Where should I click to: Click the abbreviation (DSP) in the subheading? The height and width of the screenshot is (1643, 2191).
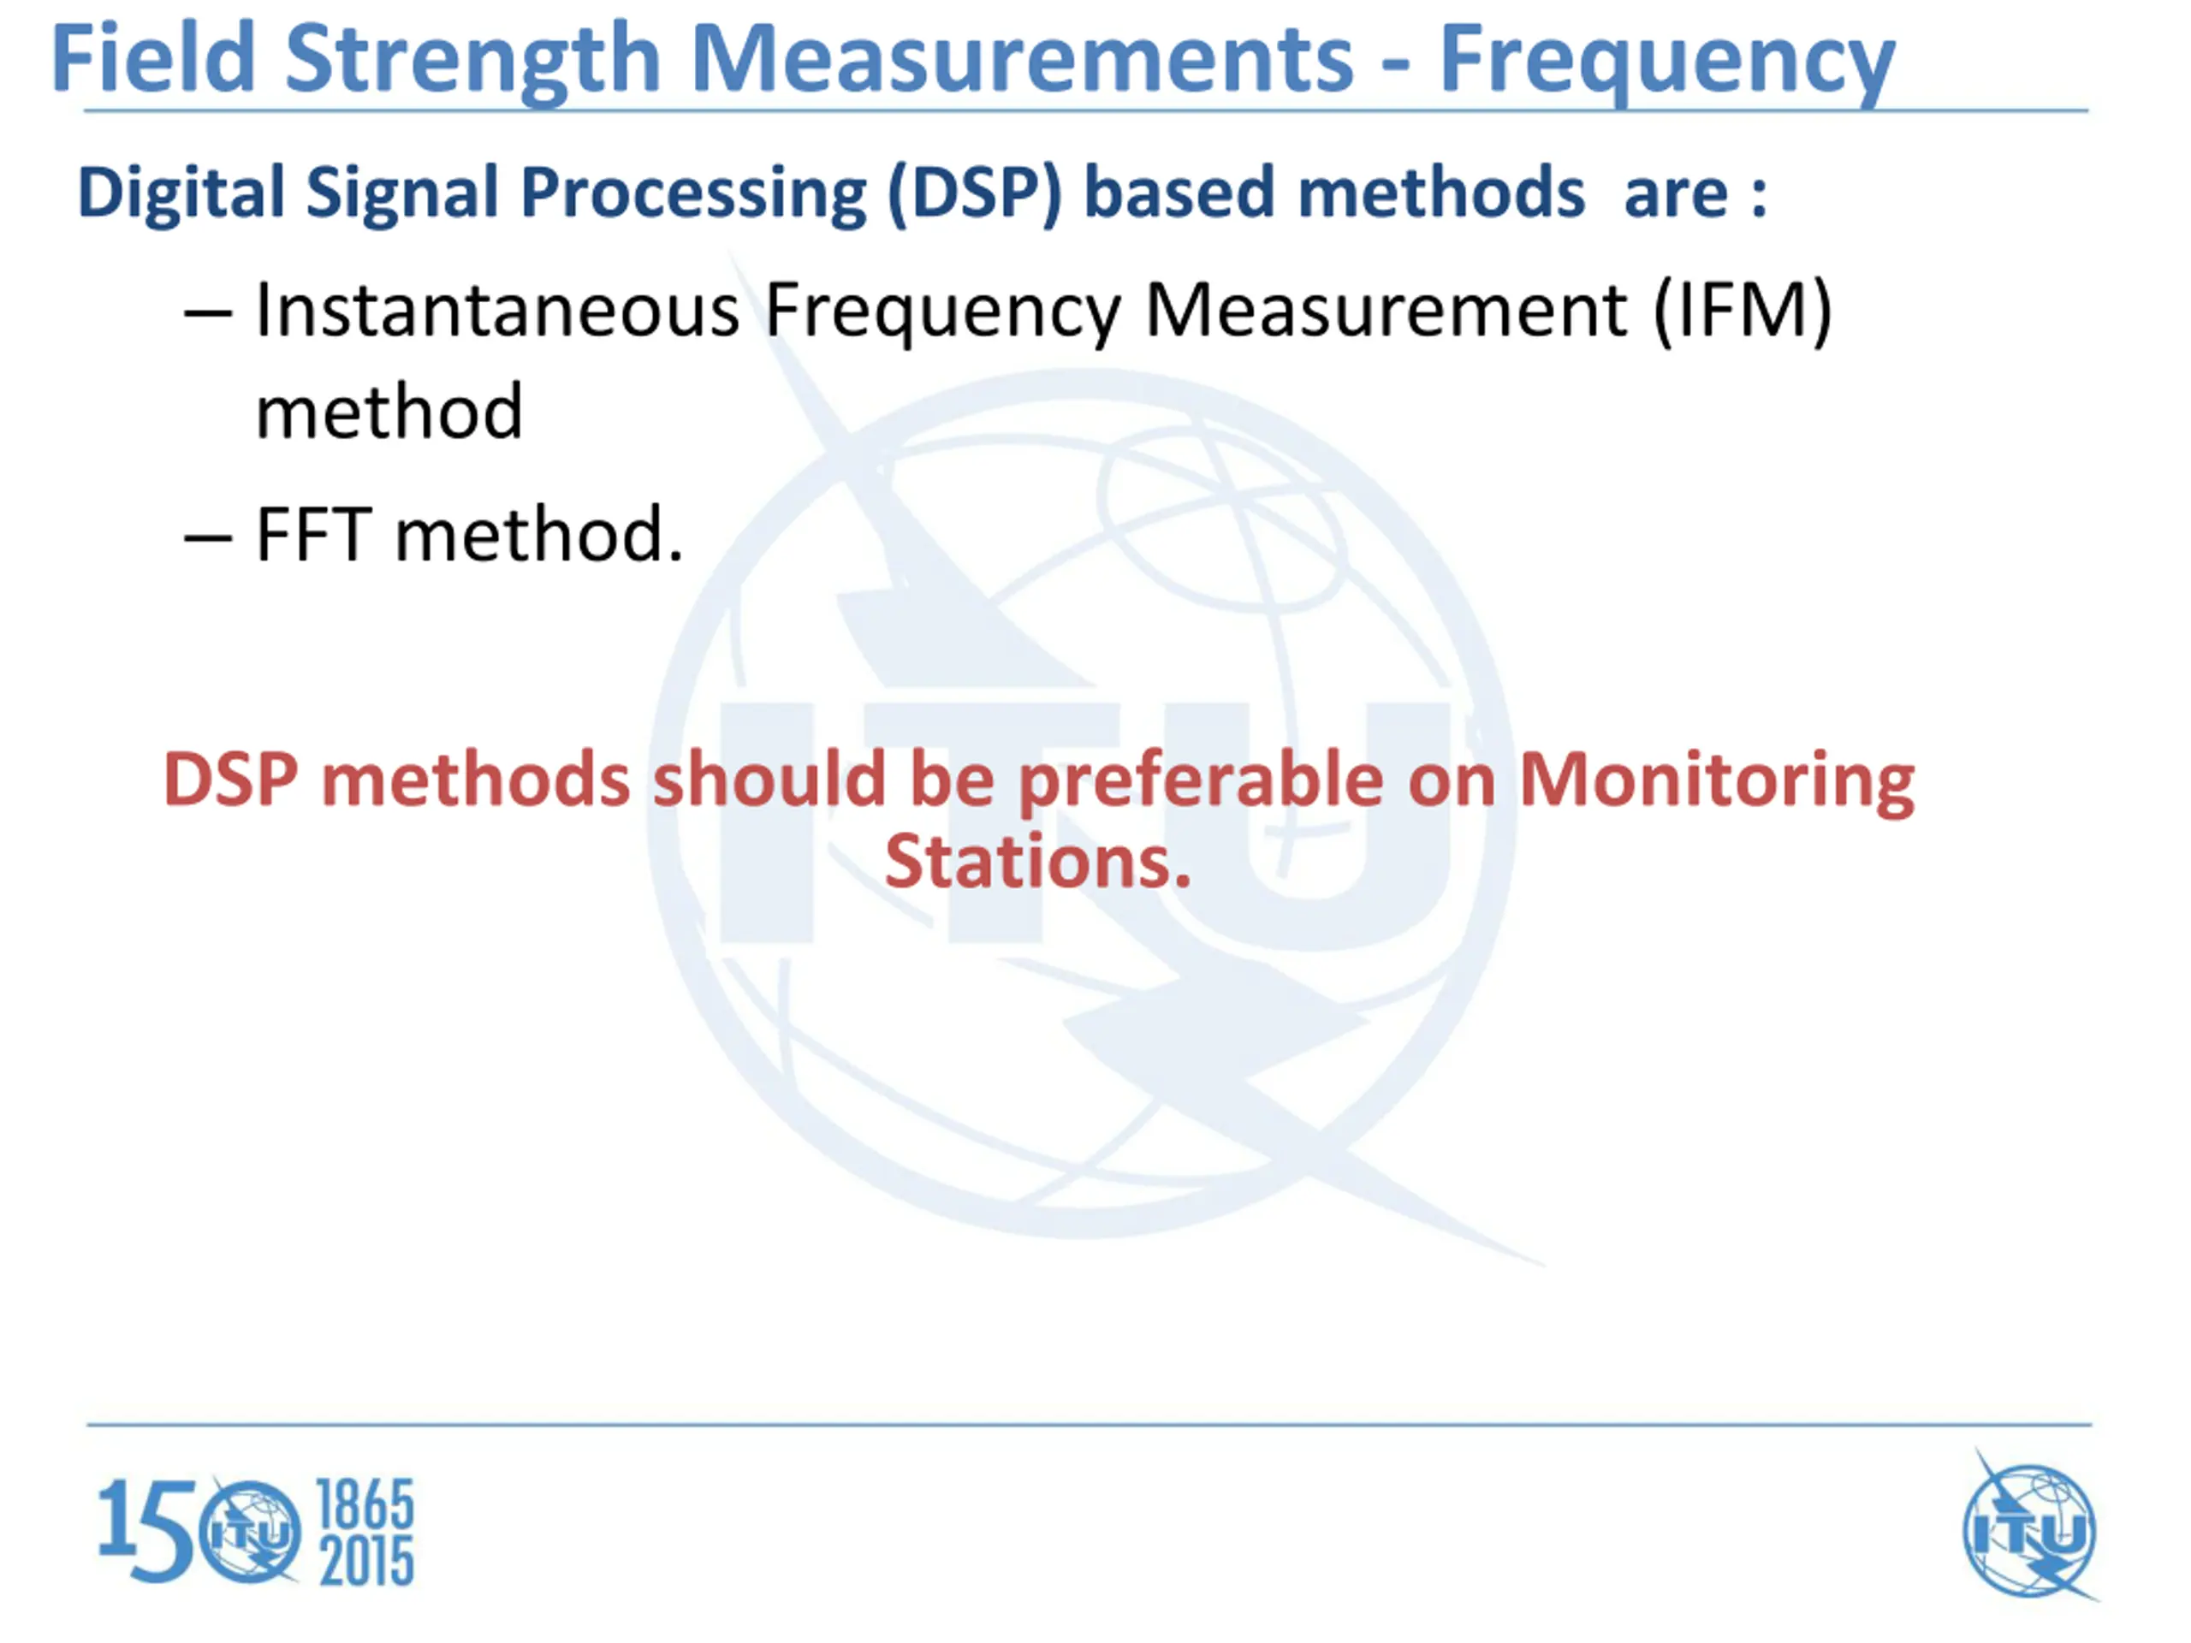pyautogui.click(x=975, y=193)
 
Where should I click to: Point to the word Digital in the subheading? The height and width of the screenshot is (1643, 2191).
pyautogui.click(x=181, y=193)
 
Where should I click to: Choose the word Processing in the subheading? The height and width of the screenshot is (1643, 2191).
pyautogui.click(x=693, y=194)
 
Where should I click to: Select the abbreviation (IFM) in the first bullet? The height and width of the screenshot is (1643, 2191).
pyautogui.click(x=1743, y=313)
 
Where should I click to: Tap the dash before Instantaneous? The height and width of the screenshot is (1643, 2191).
pyautogui.click(x=208, y=316)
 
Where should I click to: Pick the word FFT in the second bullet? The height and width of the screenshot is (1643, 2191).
pyautogui.click(x=314, y=535)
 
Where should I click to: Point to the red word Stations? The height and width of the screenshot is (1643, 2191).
pyautogui.click(x=1037, y=862)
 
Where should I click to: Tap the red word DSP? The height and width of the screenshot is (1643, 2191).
pyautogui.click(x=231, y=780)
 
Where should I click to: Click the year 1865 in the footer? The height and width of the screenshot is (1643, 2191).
pyautogui.click(x=365, y=1505)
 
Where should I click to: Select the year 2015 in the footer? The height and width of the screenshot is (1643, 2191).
pyautogui.click(x=365, y=1562)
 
